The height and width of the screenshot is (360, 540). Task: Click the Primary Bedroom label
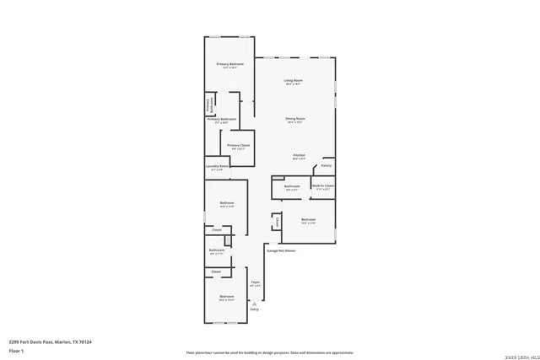tap(229, 64)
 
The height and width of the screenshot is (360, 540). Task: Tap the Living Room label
tap(293, 81)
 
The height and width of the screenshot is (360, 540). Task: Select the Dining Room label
tap(294, 119)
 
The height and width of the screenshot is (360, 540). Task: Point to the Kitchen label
tap(299, 156)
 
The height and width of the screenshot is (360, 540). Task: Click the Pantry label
tap(326, 165)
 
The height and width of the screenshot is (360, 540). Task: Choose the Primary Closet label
tap(239, 146)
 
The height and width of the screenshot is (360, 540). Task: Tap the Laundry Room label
tap(217, 167)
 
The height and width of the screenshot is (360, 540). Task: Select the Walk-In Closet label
tap(323, 185)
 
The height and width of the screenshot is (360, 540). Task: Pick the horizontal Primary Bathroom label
tap(222, 120)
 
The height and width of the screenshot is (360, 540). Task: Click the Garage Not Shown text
tap(281, 250)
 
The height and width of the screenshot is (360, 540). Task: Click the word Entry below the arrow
tap(255, 309)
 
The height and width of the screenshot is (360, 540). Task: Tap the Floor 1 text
tap(16, 350)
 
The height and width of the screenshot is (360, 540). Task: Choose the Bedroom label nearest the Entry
tap(226, 297)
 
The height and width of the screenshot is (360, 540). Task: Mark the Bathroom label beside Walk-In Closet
tap(292, 186)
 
